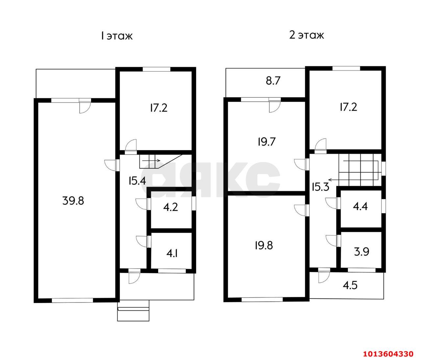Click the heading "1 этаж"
tap(117, 36)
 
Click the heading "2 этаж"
tap(306, 35)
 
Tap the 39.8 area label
tap(73, 201)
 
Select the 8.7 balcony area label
tap(273, 81)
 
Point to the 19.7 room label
tap(267, 142)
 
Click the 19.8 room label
tap(264, 246)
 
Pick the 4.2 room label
tap(171, 207)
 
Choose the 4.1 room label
tap(172, 254)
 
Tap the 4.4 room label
tap(360, 206)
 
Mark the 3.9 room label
tap(361, 252)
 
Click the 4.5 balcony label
tap(350, 285)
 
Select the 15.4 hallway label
tap(137, 181)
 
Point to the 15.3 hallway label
tap(320, 187)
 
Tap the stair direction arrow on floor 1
tap(151, 160)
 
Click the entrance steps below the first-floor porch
tap(133, 310)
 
